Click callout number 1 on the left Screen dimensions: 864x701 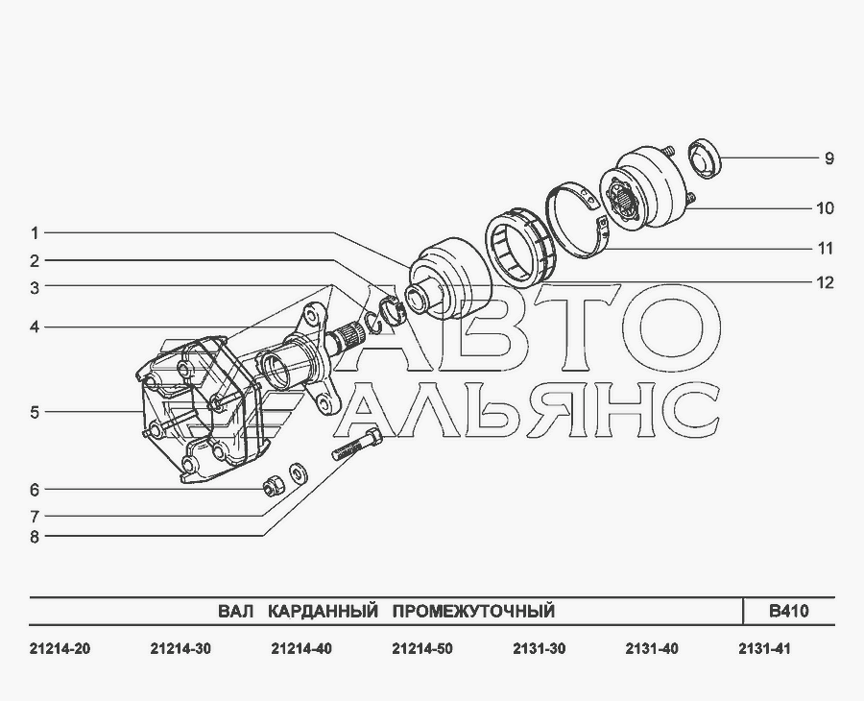35,233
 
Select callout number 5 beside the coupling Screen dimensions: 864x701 35,412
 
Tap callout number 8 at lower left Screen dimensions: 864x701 35,536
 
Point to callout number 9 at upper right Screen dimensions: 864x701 828,158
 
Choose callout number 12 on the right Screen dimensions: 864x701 825,282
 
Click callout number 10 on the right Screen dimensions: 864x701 825,208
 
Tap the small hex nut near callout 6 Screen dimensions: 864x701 274,485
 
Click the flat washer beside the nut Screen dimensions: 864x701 299,473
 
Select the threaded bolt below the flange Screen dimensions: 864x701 358,443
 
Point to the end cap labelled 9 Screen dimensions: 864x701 706,158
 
